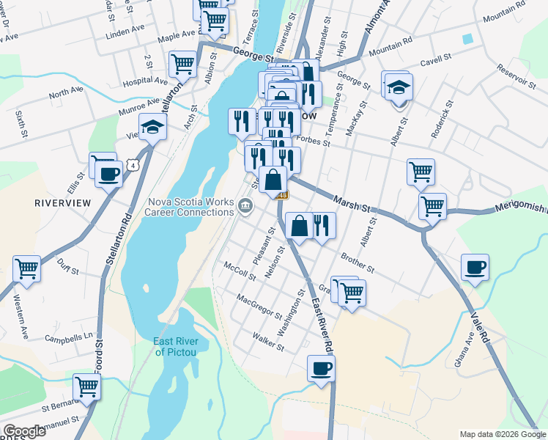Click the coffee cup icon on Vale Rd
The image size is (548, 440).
point(474,268)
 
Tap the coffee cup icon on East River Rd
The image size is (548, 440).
point(320,369)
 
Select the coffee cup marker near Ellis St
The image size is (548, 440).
point(108,175)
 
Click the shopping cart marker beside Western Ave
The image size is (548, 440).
point(26,269)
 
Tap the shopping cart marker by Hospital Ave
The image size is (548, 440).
point(182,64)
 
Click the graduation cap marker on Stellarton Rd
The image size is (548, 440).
point(153,128)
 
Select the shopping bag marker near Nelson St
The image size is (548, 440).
point(299,226)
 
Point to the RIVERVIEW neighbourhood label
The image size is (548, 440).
point(62,202)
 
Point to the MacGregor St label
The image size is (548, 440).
point(259,306)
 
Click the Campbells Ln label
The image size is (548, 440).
point(71,340)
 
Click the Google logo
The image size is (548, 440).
point(24,431)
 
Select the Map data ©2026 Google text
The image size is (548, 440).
point(502,434)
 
